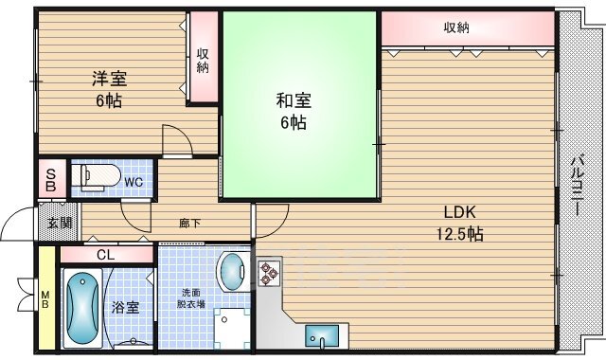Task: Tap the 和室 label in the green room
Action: (x=293, y=100)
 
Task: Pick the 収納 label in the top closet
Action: (x=456, y=27)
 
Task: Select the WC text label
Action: (x=134, y=180)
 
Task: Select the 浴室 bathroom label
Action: (x=126, y=307)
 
